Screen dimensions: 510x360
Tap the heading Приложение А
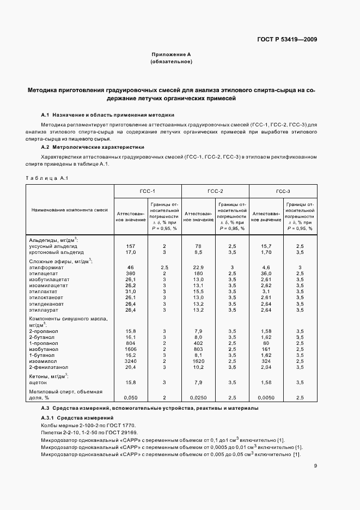point(170,55)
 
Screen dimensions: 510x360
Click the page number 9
point(316,465)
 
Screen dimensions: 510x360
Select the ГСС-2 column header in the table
point(215,191)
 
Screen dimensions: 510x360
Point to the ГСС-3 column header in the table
point(283,191)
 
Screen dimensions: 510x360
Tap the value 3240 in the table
point(130,361)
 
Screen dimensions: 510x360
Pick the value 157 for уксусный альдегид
point(130,246)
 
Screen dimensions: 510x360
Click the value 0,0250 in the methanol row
point(198,398)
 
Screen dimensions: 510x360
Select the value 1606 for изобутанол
point(130,349)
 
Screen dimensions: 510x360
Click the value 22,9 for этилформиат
point(198,267)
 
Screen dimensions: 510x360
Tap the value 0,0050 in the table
point(266,398)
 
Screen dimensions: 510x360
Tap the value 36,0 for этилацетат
point(266,273)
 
